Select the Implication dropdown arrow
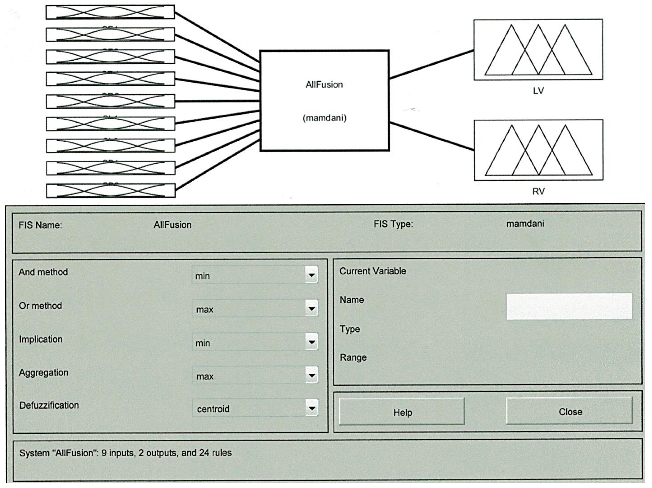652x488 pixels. click(x=311, y=342)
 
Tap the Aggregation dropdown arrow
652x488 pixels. click(x=311, y=375)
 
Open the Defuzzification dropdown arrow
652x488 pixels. click(x=312, y=408)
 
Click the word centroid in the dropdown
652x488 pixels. click(x=213, y=409)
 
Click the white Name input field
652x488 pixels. click(x=569, y=306)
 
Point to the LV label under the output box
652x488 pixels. click(x=538, y=91)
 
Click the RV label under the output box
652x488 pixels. click(x=538, y=191)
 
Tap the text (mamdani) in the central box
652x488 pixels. click(x=324, y=118)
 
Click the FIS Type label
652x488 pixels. click(x=393, y=224)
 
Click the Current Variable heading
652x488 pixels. click(x=373, y=271)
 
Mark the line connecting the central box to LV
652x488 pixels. click(x=432, y=64)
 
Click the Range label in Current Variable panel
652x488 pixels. click(x=353, y=357)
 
